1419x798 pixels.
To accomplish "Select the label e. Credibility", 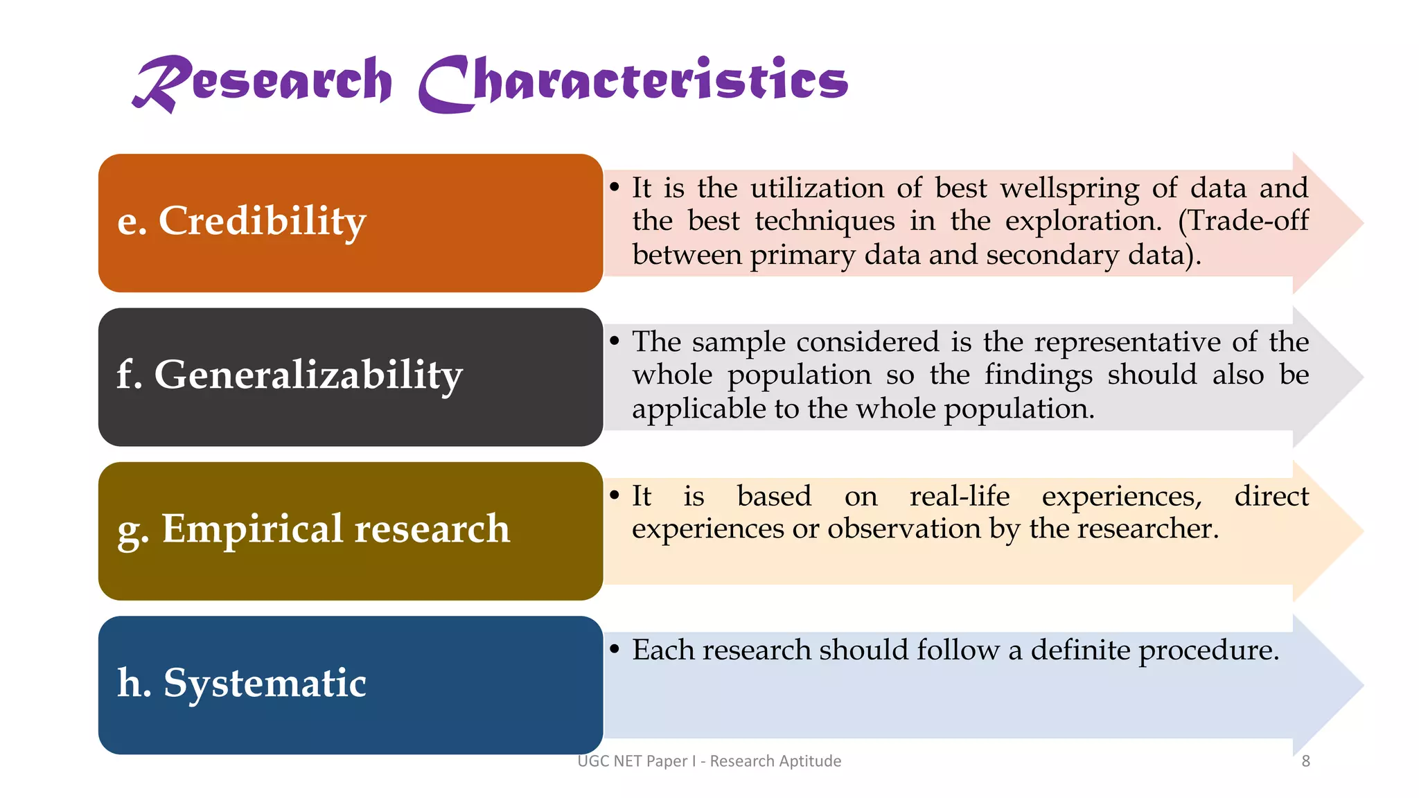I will tap(242, 222).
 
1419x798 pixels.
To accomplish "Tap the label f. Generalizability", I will tap(290, 375).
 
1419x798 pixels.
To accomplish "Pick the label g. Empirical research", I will tap(314, 529).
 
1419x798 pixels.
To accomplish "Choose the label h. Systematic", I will tap(242, 683).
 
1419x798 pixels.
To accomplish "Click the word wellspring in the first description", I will tap(1070, 188).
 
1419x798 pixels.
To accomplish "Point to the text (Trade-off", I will tap(1244, 222).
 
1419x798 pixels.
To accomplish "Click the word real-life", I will tap(960, 496).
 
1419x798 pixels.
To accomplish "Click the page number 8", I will tap(1305, 761).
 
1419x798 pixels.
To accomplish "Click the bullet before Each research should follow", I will tap(614, 650).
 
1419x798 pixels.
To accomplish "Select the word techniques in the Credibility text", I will tap(825, 222).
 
